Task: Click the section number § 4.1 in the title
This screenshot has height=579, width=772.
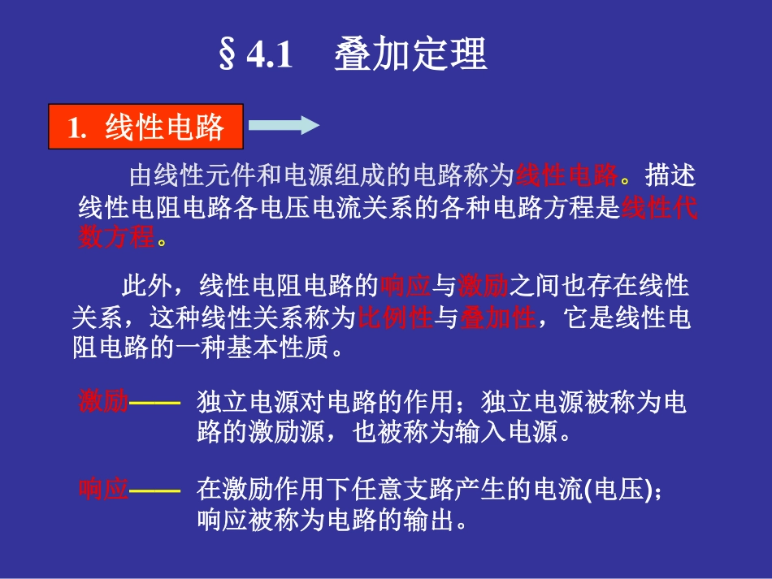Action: [x=255, y=54]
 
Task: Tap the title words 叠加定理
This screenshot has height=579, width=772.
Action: [x=410, y=54]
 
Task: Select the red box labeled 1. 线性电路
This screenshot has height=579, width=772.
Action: [x=146, y=127]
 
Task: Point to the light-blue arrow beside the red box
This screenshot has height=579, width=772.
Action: [x=282, y=126]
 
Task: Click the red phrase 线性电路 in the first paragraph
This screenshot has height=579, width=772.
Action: [x=567, y=175]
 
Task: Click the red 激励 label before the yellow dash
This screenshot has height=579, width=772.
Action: [x=103, y=401]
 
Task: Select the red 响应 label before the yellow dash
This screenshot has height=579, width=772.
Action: [x=103, y=489]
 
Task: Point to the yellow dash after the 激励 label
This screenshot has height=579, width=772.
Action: [x=154, y=402]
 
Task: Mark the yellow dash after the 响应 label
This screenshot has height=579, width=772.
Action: [x=154, y=490]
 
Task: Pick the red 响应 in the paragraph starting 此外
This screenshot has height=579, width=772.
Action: [x=403, y=286]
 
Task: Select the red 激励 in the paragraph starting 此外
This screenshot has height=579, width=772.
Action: [x=483, y=286]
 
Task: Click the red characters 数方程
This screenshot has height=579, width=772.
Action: [x=116, y=238]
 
